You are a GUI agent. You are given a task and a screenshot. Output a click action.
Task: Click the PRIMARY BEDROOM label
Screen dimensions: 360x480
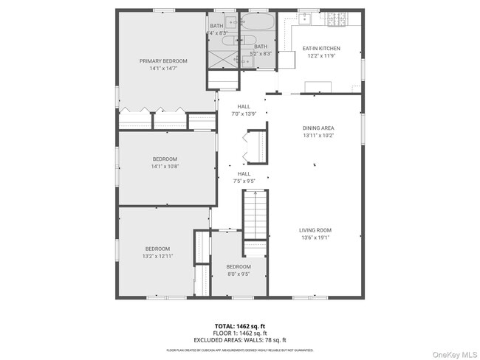tap(163, 60)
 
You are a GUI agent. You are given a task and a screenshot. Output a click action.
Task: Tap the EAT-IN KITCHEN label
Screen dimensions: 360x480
tap(320, 49)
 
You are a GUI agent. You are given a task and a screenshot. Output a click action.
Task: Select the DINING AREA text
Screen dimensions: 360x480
tap(318, 128)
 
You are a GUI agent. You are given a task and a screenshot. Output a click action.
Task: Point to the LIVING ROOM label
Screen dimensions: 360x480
tap(315, 229)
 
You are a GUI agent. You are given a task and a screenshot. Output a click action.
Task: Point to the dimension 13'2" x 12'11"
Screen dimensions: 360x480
tap(158, 256)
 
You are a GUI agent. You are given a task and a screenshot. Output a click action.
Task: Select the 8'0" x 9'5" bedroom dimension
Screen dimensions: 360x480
tap(238, 274)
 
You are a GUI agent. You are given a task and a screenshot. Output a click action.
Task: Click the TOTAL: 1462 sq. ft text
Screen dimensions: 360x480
tap(240, 325)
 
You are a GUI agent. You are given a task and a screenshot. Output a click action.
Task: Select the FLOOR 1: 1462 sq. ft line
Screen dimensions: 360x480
tap(240, 333)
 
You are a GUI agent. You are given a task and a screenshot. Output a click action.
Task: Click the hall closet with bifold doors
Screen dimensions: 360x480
tap(256, 146)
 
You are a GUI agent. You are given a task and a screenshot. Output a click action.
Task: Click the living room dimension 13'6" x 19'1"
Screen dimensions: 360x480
tap(315, 237)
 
